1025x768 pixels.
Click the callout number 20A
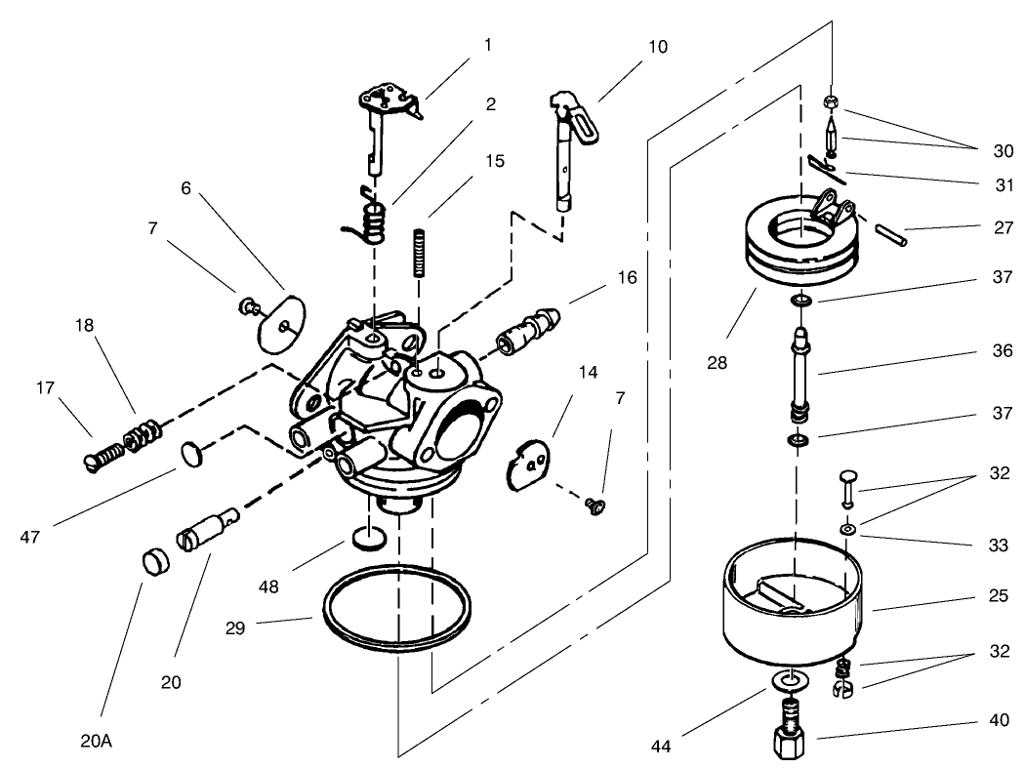coord(97,741)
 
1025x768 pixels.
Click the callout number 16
coord(627,278)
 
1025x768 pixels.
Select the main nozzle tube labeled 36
coord(799,376)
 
